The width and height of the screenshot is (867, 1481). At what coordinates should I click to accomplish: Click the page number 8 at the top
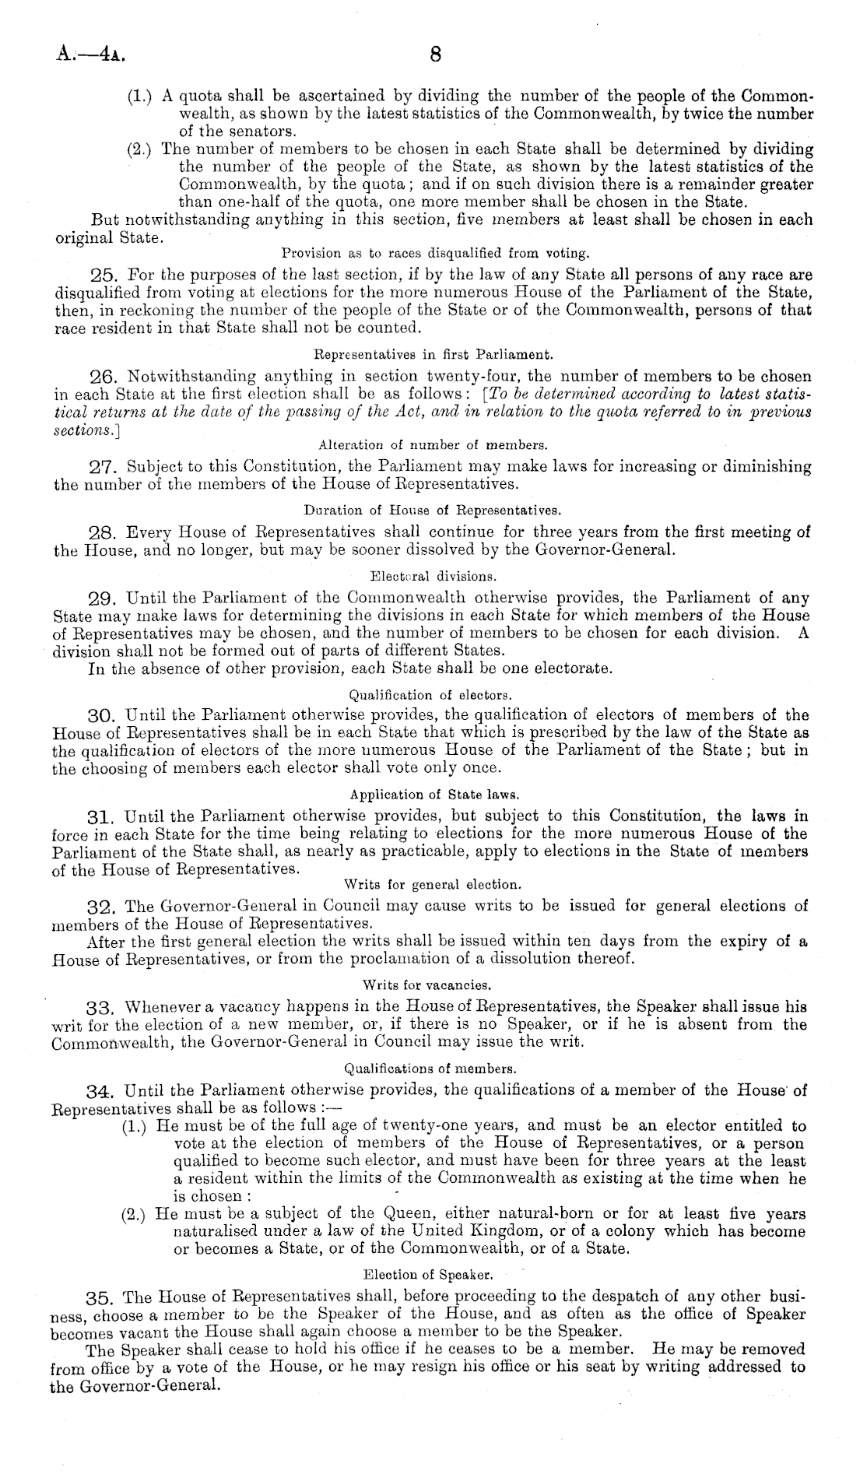pyautogui.click(x=435, y=54)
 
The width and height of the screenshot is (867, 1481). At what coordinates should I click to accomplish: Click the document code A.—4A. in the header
pyautogui.click(x=90, y=55)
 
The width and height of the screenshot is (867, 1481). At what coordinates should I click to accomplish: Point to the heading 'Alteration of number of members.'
pyautogui.click(x=433, y=446)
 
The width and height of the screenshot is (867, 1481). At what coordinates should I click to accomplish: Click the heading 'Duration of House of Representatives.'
pyautogui.click(x=433, y=511)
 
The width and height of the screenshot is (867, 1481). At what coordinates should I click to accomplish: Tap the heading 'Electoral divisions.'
pyautogui.click(x=433, y=577)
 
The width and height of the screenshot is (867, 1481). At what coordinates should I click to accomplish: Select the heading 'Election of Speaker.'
pyautogui.click(x=427, y=1276)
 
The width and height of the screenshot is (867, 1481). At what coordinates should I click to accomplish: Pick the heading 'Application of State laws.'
pyautogui.click(x=434, y=795)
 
